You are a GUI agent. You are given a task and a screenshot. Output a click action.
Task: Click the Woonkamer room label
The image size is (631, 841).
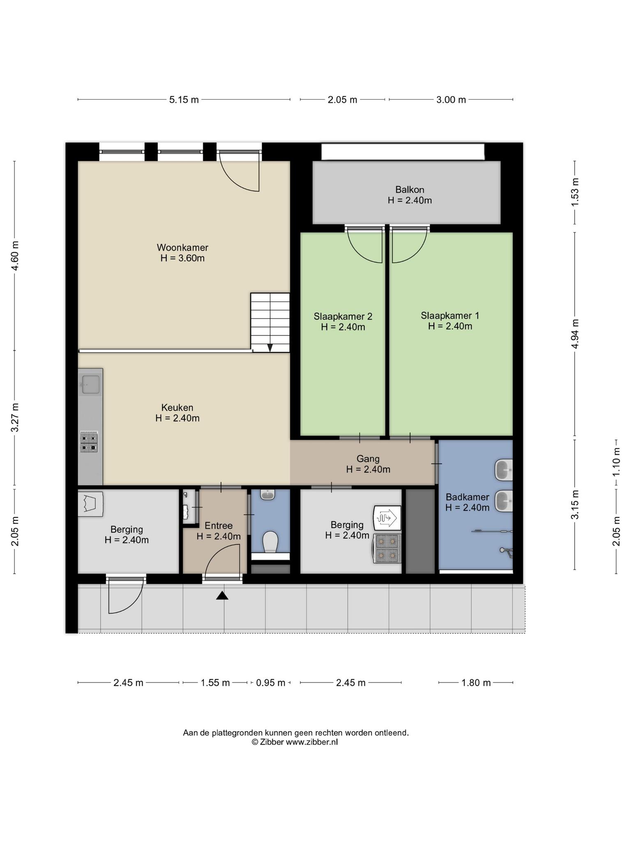[x=182, y=248]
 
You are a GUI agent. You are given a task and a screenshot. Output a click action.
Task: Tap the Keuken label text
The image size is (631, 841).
[x=177, y=408]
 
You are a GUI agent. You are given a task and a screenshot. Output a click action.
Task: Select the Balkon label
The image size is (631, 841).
[x=410, y=190]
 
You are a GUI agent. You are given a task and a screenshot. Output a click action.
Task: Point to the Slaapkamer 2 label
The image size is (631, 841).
[x=343, y=317]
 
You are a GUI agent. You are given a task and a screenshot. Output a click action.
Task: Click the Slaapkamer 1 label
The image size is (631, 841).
[x=450, y=316]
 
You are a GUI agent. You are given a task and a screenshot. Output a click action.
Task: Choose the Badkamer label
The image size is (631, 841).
[x=467, y=497]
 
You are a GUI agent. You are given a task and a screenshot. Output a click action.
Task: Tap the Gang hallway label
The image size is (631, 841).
[x=368, y=459]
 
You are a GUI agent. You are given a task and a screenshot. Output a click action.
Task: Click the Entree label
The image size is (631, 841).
[x=219, y=526]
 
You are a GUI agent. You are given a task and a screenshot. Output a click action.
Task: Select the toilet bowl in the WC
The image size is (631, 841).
[x=270, y=542]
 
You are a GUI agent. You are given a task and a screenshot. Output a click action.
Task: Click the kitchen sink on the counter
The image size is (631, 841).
[x=90, y=384]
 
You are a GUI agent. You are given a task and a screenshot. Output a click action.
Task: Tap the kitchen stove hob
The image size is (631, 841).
[x=89, y=442]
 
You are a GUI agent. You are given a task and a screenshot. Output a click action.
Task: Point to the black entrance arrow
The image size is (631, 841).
[x=222, y=595]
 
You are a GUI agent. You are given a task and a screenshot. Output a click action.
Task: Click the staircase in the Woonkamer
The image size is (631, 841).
[x=270, y=323]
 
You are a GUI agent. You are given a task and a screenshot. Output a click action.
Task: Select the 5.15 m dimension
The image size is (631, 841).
[x=184, y=100]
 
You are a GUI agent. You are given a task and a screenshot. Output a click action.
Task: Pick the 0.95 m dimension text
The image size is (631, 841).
[x=271, y=683]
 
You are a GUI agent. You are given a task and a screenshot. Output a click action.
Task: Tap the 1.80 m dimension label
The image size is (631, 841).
[x=476, y=683]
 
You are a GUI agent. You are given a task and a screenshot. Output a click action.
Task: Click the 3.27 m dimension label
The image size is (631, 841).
[x=15, y=417]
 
